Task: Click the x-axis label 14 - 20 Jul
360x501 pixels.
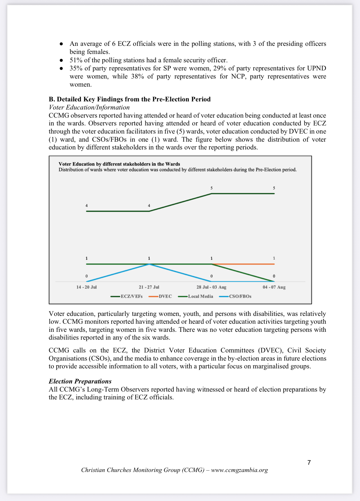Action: [x=87, y=287]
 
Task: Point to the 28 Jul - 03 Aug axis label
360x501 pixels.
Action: [x=211, y=287]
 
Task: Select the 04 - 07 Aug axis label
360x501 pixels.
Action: [x=274, y=287]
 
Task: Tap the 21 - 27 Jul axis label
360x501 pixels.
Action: [x=149, y=287]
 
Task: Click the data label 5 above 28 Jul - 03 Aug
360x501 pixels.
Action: [x=212, y=188]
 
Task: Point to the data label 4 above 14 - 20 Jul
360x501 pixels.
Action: [x=87, y=206]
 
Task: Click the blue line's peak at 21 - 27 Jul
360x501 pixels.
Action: [x=149, y=264]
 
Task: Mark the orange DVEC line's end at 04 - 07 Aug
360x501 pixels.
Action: [x=274, y=264]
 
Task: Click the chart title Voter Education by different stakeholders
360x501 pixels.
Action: [x=119, y=164]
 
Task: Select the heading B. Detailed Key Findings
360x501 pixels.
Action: [x=129, y=99]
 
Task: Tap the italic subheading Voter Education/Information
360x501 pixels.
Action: [x=89, y=107]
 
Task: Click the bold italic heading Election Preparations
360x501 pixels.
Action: [x=80, y=381]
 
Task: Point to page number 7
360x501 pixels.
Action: [x=309, y=462]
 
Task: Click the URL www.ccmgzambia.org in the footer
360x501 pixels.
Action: [x=239, y=470]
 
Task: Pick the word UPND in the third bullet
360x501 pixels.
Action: [x=316, y=68]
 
